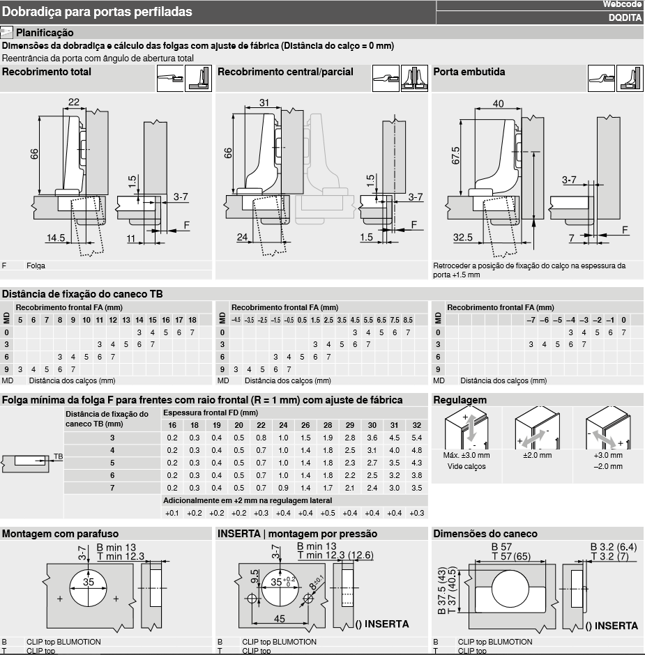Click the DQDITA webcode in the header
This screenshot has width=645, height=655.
point(625,17)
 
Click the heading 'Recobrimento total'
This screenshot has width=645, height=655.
point(47,72)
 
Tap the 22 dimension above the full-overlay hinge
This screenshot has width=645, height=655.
point(74,102)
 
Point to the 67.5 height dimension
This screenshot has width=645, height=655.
point(455,155)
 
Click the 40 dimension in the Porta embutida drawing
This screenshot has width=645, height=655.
point(498,103)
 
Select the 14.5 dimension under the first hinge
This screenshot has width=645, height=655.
point(56,238)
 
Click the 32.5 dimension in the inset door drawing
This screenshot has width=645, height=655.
point(463,238)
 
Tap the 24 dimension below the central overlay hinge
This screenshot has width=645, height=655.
point(242,238)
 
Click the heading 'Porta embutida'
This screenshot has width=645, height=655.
point(469,72)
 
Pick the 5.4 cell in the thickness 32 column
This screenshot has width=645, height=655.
point(417,438)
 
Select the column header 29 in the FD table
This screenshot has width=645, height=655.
point(350,425)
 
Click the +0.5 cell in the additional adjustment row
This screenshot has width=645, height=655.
point(328,513)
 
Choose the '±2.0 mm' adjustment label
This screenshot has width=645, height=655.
point(537,455)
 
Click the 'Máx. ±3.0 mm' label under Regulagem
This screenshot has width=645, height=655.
point(466,455)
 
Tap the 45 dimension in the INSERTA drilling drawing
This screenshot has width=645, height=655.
point(279,619)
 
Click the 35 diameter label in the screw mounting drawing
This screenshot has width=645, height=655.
point(88,582)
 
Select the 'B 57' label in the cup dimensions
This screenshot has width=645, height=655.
point(501,547)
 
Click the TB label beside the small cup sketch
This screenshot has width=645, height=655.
point(58,456)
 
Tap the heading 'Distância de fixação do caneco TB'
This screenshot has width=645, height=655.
point(82,294)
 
